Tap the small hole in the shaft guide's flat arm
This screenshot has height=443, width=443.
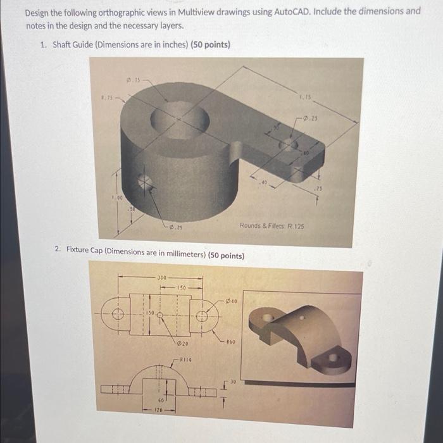(x=288, y=145)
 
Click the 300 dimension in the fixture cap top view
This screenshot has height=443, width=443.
(x=163, y=277)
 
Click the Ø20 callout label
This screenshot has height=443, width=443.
(x=182, y=343)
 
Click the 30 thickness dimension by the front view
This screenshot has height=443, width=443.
(x=232, y=382)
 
